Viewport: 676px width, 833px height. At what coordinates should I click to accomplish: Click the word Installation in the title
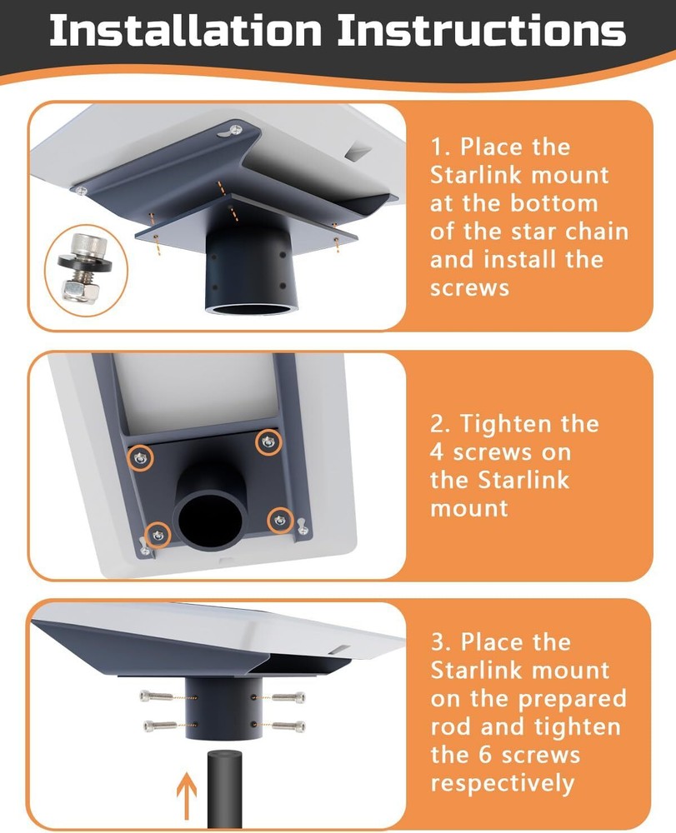tap(186, 31)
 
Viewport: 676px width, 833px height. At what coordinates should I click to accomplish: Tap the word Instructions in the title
tap(481, 31)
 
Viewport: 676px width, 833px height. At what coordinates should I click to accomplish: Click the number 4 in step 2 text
tap(439, 451)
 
